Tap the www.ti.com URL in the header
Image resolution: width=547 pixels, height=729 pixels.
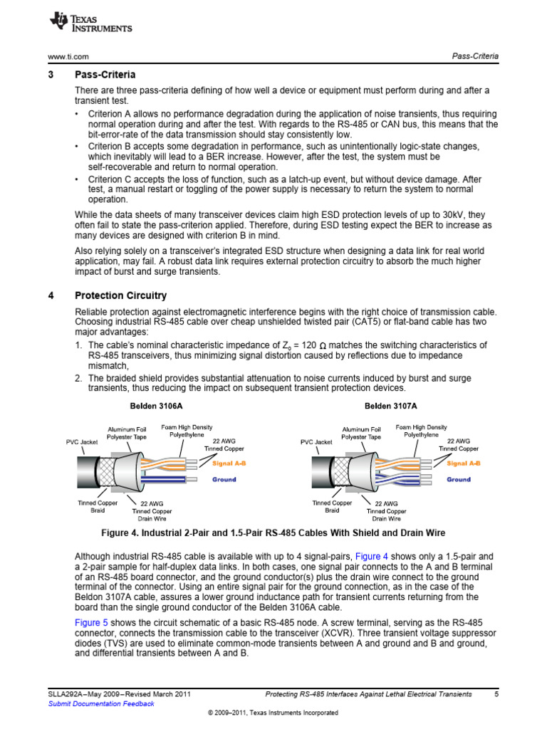coord(67,56)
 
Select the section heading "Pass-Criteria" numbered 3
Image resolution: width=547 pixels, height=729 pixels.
coord(105,75)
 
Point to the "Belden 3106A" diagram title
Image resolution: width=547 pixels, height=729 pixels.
coord(155,406)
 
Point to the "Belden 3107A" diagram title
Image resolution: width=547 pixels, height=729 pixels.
coord(390,406)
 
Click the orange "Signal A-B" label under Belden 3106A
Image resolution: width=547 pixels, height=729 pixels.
coord(229,463)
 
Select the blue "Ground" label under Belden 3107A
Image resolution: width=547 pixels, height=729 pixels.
coord(459,479)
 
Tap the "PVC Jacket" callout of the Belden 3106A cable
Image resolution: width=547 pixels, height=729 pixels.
coord(82,442)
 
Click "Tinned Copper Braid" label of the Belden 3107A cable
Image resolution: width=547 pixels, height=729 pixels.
coord(332,506)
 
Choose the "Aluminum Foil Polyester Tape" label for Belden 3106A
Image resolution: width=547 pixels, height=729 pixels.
coord(127,433)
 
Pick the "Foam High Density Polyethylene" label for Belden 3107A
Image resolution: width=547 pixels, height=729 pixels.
coord(422,430)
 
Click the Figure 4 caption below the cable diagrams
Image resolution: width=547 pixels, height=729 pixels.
coord(273,534)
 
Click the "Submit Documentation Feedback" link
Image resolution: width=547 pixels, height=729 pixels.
coord(100,703)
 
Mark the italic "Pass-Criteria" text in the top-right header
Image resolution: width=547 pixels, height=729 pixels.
coord(475,56)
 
